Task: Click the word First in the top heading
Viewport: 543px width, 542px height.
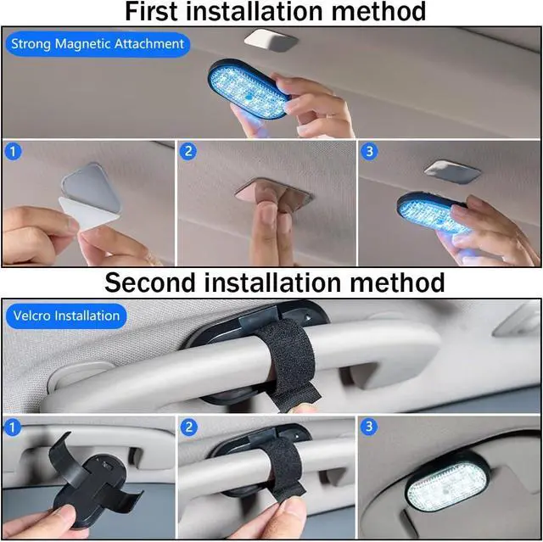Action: coord(152,11)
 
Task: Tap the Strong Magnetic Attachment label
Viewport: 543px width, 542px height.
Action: coord(98,44)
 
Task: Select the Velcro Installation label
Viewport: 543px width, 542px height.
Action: coord(66,316)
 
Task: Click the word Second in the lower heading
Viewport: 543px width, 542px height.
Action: coord(150,282)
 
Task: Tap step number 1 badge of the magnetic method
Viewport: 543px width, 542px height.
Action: coord(14,152)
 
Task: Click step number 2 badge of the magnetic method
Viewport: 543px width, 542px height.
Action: coord(188,152)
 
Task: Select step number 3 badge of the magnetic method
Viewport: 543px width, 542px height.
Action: coord(369,152)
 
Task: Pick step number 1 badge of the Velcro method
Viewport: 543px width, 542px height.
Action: coord(13,427)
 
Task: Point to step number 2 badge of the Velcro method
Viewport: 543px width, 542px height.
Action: coord(188,427)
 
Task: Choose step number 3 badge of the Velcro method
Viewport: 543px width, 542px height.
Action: coord(369,427)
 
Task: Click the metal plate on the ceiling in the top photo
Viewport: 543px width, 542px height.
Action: coord(271,40)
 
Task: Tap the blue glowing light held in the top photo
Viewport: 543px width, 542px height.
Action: coord(249,88)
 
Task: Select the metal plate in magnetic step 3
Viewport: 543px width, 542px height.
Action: coord(452,172)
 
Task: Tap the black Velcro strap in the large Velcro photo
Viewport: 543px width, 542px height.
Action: coord(291,363)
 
